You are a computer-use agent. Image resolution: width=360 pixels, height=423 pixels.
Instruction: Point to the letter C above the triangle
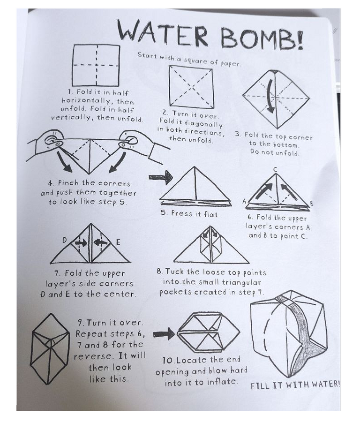coord(275,169)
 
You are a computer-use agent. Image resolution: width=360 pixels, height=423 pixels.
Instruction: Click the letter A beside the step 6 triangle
coord(244,202)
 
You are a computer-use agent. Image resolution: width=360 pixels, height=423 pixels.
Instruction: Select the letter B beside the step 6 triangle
coord(312,204)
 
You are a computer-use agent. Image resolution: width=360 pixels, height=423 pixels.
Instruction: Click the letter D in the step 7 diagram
coord(65,240)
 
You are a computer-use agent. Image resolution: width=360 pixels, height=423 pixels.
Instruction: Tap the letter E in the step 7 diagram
coord(118,242)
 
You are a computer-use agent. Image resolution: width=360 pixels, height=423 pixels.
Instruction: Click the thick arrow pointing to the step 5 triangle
coord(160,177)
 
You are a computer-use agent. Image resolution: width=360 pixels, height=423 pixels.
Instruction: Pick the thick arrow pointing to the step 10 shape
coord(164,334)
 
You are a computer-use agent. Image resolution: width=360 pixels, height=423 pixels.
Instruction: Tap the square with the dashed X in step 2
coord(191,86)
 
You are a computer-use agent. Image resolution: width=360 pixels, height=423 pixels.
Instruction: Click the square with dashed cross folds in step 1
coord(96,65)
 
